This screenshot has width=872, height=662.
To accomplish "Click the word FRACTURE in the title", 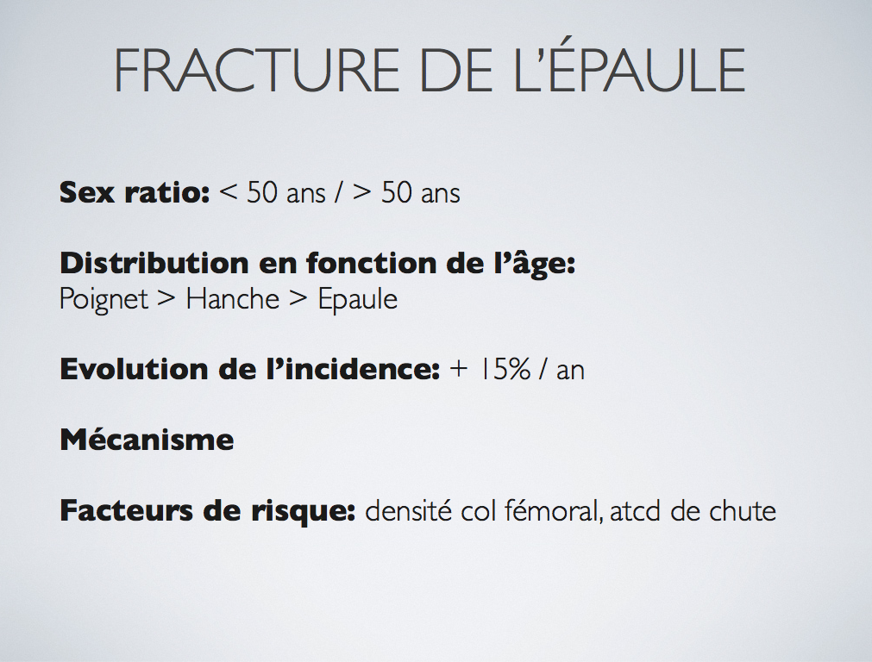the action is pyautogui.click(x=256, y=70).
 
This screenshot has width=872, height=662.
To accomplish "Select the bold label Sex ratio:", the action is pyautogui.click(x=135, y=192).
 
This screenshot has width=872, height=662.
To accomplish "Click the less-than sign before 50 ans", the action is pyautogui.click(x=229, y=193).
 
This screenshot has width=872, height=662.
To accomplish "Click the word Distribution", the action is pyautogui.click(x=154, y=262).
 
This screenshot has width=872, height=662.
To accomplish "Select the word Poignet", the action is pyautogui.click(x=104, y=300).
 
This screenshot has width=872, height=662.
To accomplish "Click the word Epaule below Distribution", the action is pyautogui.click(x=358, y=300).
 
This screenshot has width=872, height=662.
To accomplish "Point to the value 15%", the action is pyautogui.click(x=505, y=369).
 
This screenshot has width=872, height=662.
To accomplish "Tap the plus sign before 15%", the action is pyautogui.click(x=459, y=370).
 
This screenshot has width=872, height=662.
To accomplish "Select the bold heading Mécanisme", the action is pyautogui.click(x=147, y=439).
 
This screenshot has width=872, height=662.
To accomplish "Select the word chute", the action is pyautogui.click(x=743, y=510).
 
